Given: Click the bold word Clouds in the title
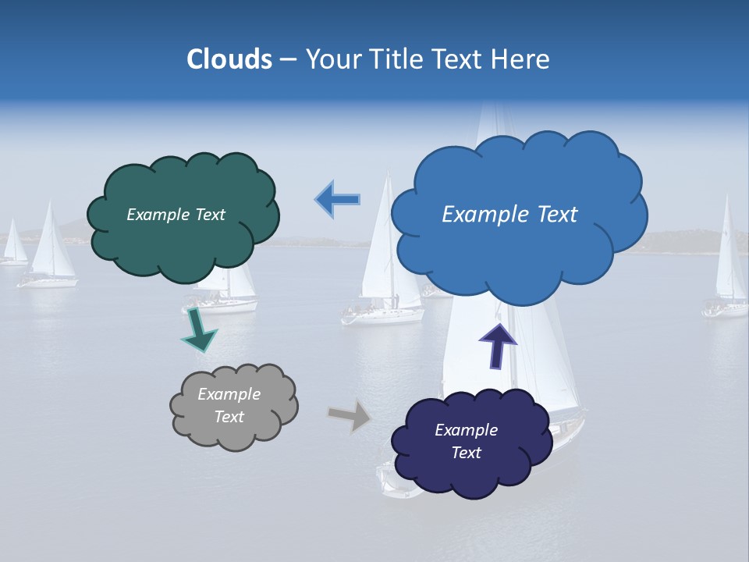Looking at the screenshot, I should pos(229,59).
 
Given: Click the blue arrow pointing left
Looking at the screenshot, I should pos(338,200).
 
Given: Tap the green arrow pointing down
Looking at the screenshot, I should pos(198,331).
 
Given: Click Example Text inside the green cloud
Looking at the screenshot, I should pos(176,215).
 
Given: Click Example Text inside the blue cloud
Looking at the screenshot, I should pos(509,215).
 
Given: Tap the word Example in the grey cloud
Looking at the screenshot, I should pos(229,394).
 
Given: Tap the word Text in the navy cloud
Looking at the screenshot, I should pos(466,453).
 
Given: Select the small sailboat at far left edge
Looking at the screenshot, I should pos(13,246).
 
